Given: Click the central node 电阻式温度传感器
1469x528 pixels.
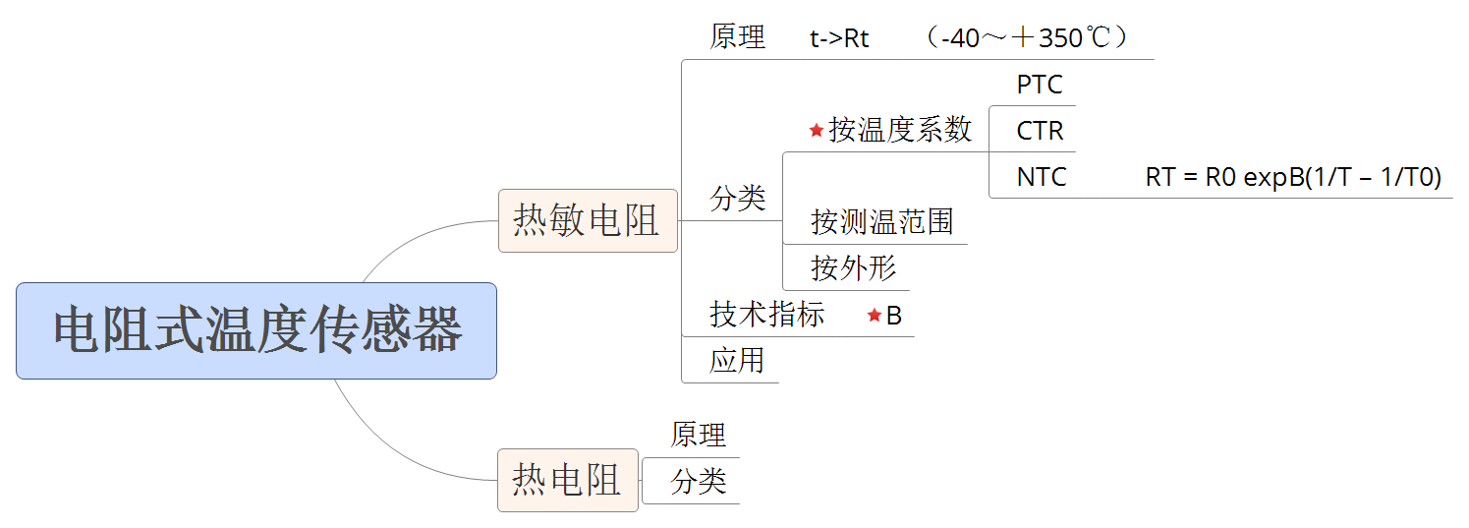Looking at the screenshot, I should [256, 330].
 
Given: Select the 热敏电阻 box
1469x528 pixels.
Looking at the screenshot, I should [588, 220].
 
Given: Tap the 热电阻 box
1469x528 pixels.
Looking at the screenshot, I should [567, 480].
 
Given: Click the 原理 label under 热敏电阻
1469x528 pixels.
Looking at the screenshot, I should [737, 37].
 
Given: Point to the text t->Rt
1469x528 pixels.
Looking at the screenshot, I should [839, 39].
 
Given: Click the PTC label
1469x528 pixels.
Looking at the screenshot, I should [1040, 85].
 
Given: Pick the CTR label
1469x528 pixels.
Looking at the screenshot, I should [1040, 131].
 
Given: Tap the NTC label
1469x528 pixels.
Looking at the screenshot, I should [1041, 177].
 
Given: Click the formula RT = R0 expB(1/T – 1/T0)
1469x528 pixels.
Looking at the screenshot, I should [1293, 177].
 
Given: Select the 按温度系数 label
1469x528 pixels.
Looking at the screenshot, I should [900, 130].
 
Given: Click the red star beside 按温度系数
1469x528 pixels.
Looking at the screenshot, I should [817, 130].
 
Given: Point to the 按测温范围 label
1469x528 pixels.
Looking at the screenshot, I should [881, 222].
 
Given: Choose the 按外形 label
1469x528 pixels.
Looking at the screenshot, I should [853, 267].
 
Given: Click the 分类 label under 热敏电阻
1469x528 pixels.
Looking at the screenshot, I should [737, 198].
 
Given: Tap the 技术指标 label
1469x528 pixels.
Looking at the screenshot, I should [767, 315].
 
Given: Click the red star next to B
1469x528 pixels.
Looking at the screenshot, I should [874, 315].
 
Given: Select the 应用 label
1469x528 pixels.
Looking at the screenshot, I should [737, 361].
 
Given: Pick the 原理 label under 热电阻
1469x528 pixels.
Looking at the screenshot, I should [698, 435].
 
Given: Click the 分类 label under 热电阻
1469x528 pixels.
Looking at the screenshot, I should [698, 482].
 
